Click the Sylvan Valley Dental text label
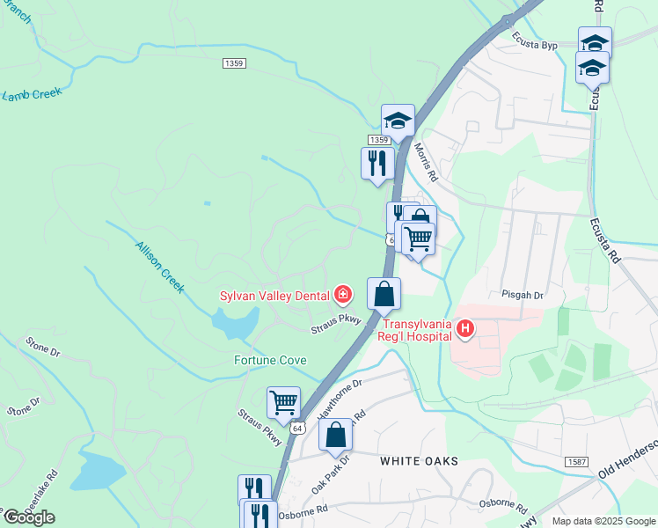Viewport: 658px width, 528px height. [274, 294]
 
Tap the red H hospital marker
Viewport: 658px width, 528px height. [464, 330]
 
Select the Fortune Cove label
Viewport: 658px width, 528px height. [270, 360]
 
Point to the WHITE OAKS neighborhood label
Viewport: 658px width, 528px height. [420, 461]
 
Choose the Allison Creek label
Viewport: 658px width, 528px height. [159, 267]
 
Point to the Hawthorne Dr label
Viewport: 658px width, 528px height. [340, 399]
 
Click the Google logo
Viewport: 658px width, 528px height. [28, 517]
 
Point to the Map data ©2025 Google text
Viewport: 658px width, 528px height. [603, 521]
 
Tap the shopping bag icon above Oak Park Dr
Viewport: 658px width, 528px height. [335, 435]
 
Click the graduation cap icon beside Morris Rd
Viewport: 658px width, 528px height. [397, 121]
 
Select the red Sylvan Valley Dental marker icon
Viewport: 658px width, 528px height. [343, 294]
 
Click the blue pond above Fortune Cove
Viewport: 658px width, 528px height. [230, 325]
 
